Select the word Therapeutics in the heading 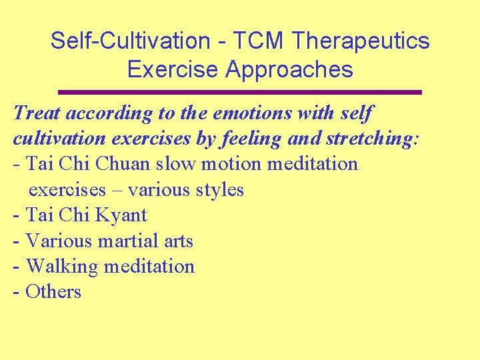(x=361, y=41)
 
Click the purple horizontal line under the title (x=240, y=92)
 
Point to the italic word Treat (x=37, y=113)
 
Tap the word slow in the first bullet (x=170, y=163)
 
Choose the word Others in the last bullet (x=53, y=291)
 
